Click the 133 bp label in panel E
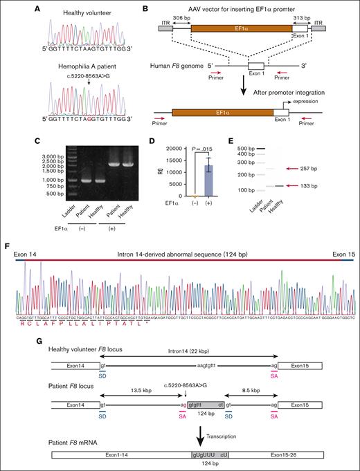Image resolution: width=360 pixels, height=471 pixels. pyautogui.click(x=328, y=185)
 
